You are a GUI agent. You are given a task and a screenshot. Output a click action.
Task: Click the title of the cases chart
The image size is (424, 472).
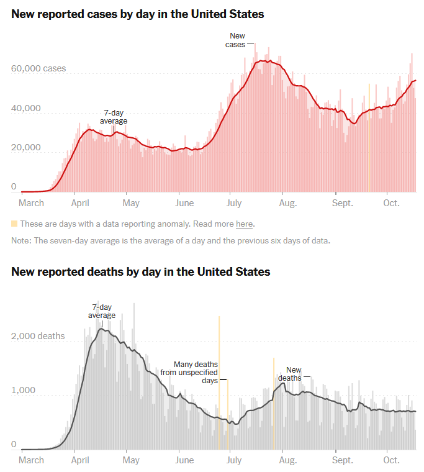pos(137,14)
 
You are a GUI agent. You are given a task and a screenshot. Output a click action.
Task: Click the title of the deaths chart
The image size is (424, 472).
pos(140,271)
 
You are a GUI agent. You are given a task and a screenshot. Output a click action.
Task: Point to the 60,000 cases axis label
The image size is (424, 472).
pos(38,69)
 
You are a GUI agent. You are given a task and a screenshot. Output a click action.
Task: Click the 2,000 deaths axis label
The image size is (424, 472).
pos(38,336)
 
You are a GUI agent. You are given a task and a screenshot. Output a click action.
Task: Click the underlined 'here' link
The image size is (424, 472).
pos(244,224)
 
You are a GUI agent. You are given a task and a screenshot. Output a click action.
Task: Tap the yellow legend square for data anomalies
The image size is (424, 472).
pos(14,224)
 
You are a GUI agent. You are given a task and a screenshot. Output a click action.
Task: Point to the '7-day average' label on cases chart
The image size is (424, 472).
pos(114,117)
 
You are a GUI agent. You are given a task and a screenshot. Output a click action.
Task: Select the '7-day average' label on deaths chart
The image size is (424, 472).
pos(102,311)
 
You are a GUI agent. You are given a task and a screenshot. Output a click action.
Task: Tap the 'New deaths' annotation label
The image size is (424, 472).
pos(290,374)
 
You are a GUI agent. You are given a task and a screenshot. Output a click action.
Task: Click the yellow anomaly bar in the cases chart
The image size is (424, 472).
pos(369,137)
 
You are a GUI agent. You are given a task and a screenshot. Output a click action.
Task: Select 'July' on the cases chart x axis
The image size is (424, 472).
pos(234,203)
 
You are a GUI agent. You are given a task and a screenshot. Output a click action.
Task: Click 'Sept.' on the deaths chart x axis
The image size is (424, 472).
pos(342,460)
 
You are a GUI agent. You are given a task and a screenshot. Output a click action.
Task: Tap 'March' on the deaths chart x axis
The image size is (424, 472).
pos(32,460)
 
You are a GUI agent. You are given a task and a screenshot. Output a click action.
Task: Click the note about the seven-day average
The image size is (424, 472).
pos(171,240)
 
